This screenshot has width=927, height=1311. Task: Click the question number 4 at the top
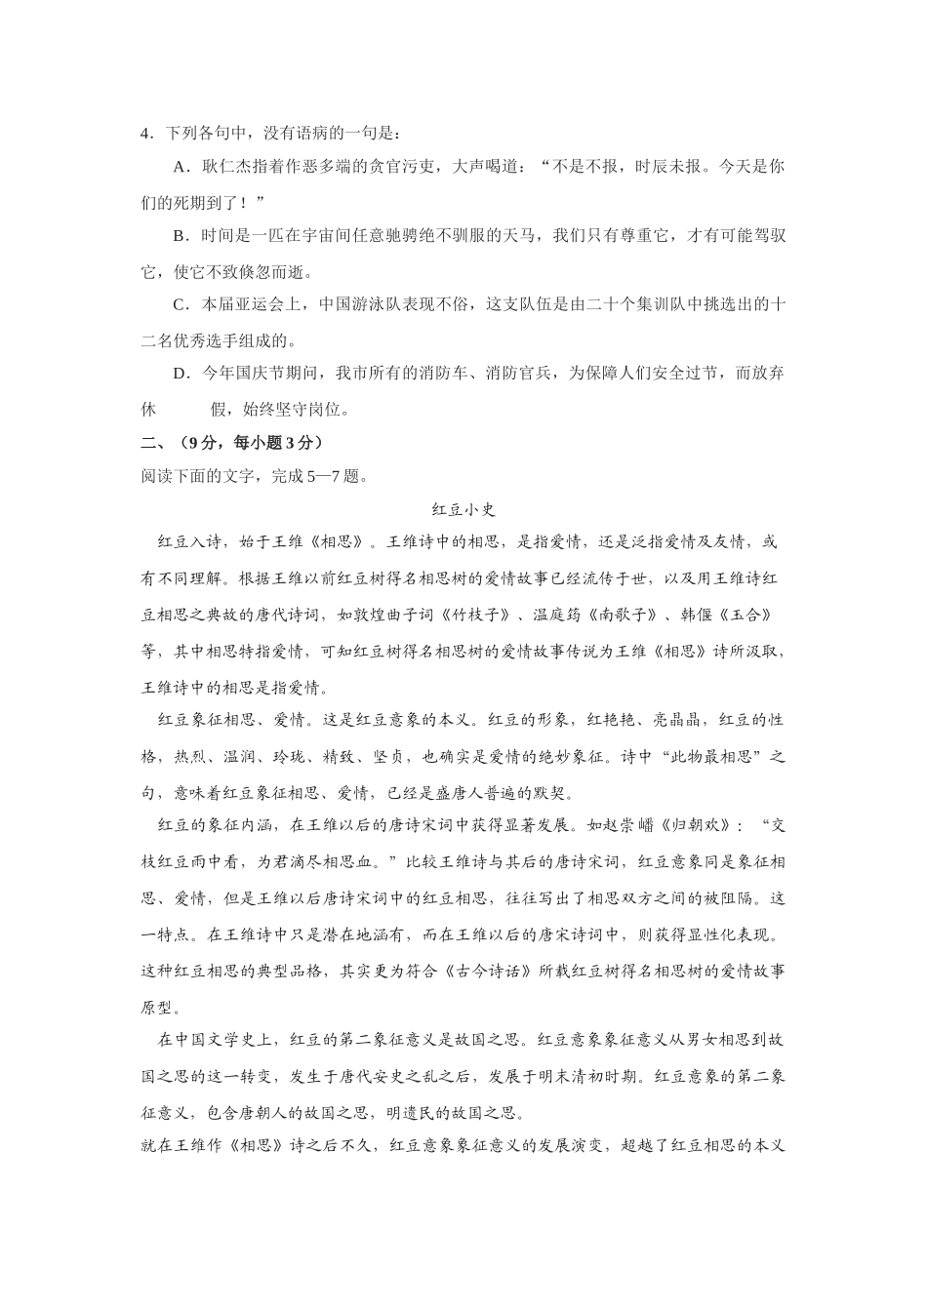pyautogui.click(x=146, y=134)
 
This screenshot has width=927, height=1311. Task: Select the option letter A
pyautogui.click(x=180, y=167)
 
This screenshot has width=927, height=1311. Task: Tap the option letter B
pyautogui.click(x=180, y=235)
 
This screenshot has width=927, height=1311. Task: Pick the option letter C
pyautogui.click(x=180, y=304)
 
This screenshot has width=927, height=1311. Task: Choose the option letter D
pyautogui.click(x=180, y=373)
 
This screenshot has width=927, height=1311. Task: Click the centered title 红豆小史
pyautogui.click(x=463, y=509)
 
